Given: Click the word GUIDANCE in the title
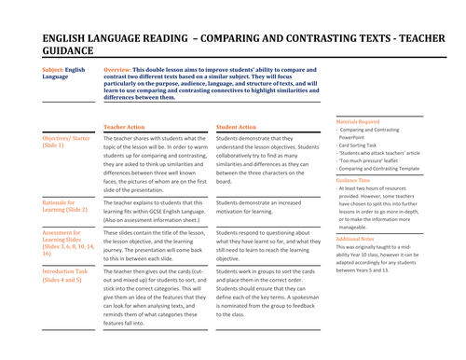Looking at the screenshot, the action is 75,52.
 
